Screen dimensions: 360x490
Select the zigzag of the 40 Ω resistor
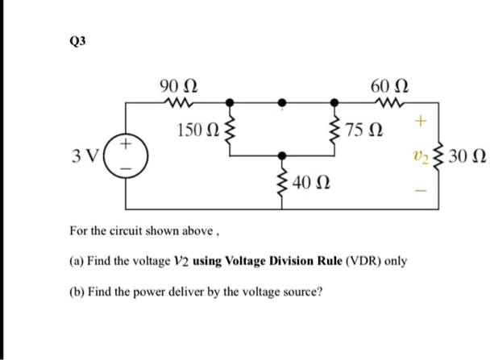pyautogui.click(x=282, y=180)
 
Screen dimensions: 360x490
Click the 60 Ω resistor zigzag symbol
pyautogui.click(x=388, y=101)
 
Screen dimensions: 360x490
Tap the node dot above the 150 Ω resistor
pyautogui.click(x=230, y=102)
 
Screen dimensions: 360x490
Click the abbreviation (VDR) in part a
pyautogui.click(x=338, y=262)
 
